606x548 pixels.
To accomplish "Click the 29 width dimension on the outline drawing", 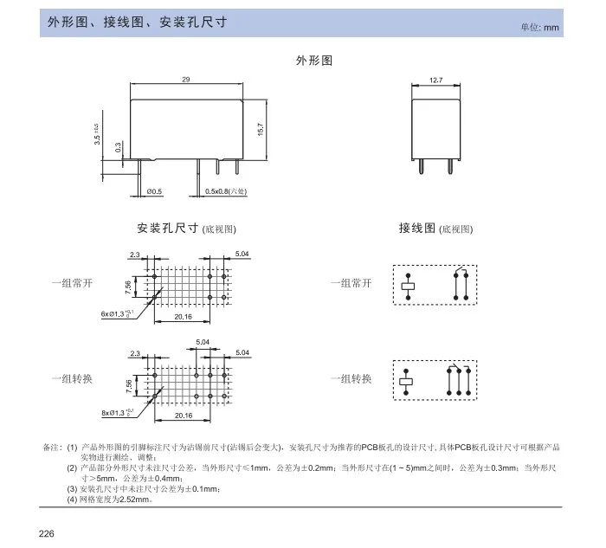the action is tap(186, 80).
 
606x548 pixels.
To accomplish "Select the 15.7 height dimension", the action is tap(261, 129).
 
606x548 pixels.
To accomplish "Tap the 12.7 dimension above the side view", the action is tap(435, 80).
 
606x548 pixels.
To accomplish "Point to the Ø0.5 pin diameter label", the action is tap(155, 190).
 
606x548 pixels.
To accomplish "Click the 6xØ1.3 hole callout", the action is tap(116, 313).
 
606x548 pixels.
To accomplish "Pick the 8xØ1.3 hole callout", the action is tap(116, 413).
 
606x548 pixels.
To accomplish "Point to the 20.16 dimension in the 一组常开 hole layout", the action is tap(184, 317).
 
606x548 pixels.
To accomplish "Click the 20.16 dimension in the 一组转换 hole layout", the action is tap(184, 416).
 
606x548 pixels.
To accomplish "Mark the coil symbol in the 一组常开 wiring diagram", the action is tap(409, 285).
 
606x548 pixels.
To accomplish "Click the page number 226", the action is tap(47, 532).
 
